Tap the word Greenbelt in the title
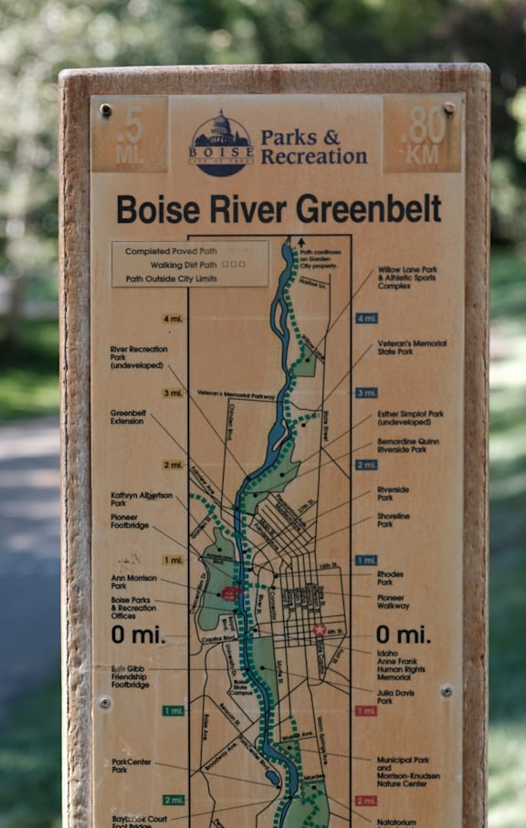pyautogui.click(x=368, y=209)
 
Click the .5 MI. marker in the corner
pyautogui.click(x=129, y=135)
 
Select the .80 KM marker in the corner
pyautogui.click(x=423, y=135)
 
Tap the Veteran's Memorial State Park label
pyautogui.click(x=412, y=347)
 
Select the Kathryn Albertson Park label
pyautogui.click(x=141, y=498)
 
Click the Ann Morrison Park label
pyautogui.click(x=133, y=582)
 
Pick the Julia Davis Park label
pyautogui.click(x=395, y=696)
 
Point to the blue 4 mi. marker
pyautogui.click(x=366, y=319)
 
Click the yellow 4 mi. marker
pyautogui.click(x=173, y=319)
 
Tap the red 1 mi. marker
pyautogui.click(x=365, y=710)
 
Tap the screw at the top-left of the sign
pyautogui.click(x=106, y=110)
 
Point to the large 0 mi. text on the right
pyautogui.click(x=402, y=634)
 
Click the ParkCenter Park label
pyautogui.click(x=132, y=765)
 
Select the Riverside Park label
pyautogui.click(x=393, y=493)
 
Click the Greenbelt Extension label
pyautogui.click(x=128, y=416)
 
